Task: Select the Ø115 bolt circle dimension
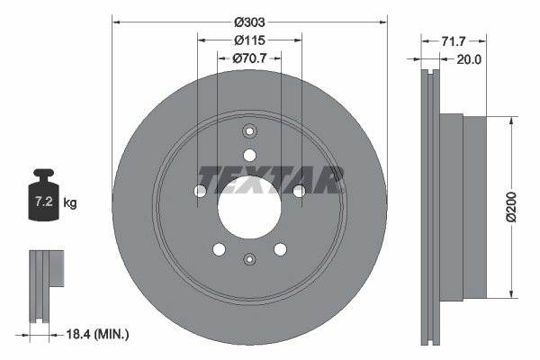pyautogui.click(x=249, y=40)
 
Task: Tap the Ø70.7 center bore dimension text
pyautogui.click(x=249, y=59)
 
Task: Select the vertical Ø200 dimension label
pyautogui.click(x=511, y=206)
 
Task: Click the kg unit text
pyautogui.click(x=70, y=203)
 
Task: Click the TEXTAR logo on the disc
pyautogui.click(x=270, y=179)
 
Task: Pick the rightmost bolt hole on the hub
pyautogui.click(x=299, y=190)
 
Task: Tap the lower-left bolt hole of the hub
pyautogui.click(x=219, y=249)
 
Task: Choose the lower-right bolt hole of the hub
pyautogui.click(x=280, y=249)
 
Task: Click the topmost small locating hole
pyautogui.click(x=249, y=129)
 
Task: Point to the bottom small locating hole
pyautogui.click(x=249, y=260)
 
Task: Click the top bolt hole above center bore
pyautogui.click(x=249, y=155)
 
